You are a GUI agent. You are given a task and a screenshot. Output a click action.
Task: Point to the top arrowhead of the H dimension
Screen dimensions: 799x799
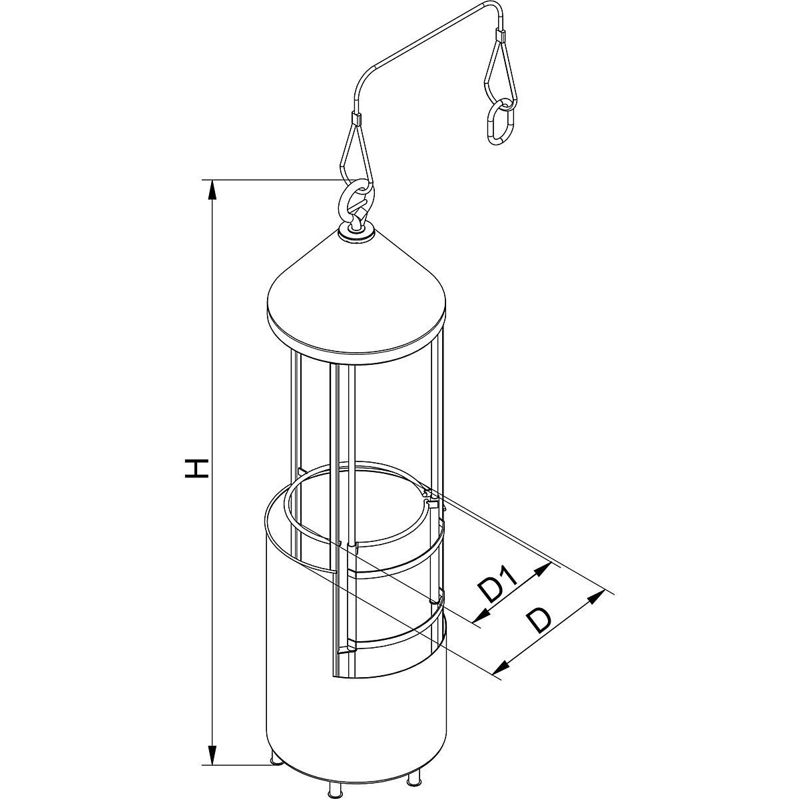tap(212, 189)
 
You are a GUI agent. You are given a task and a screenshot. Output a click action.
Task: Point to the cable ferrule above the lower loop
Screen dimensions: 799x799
tap(355, 119)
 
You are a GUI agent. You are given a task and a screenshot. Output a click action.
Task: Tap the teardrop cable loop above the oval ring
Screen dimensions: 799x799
tap(499, 70)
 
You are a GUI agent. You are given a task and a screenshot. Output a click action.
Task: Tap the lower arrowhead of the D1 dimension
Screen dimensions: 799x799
tap(477, 619)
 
